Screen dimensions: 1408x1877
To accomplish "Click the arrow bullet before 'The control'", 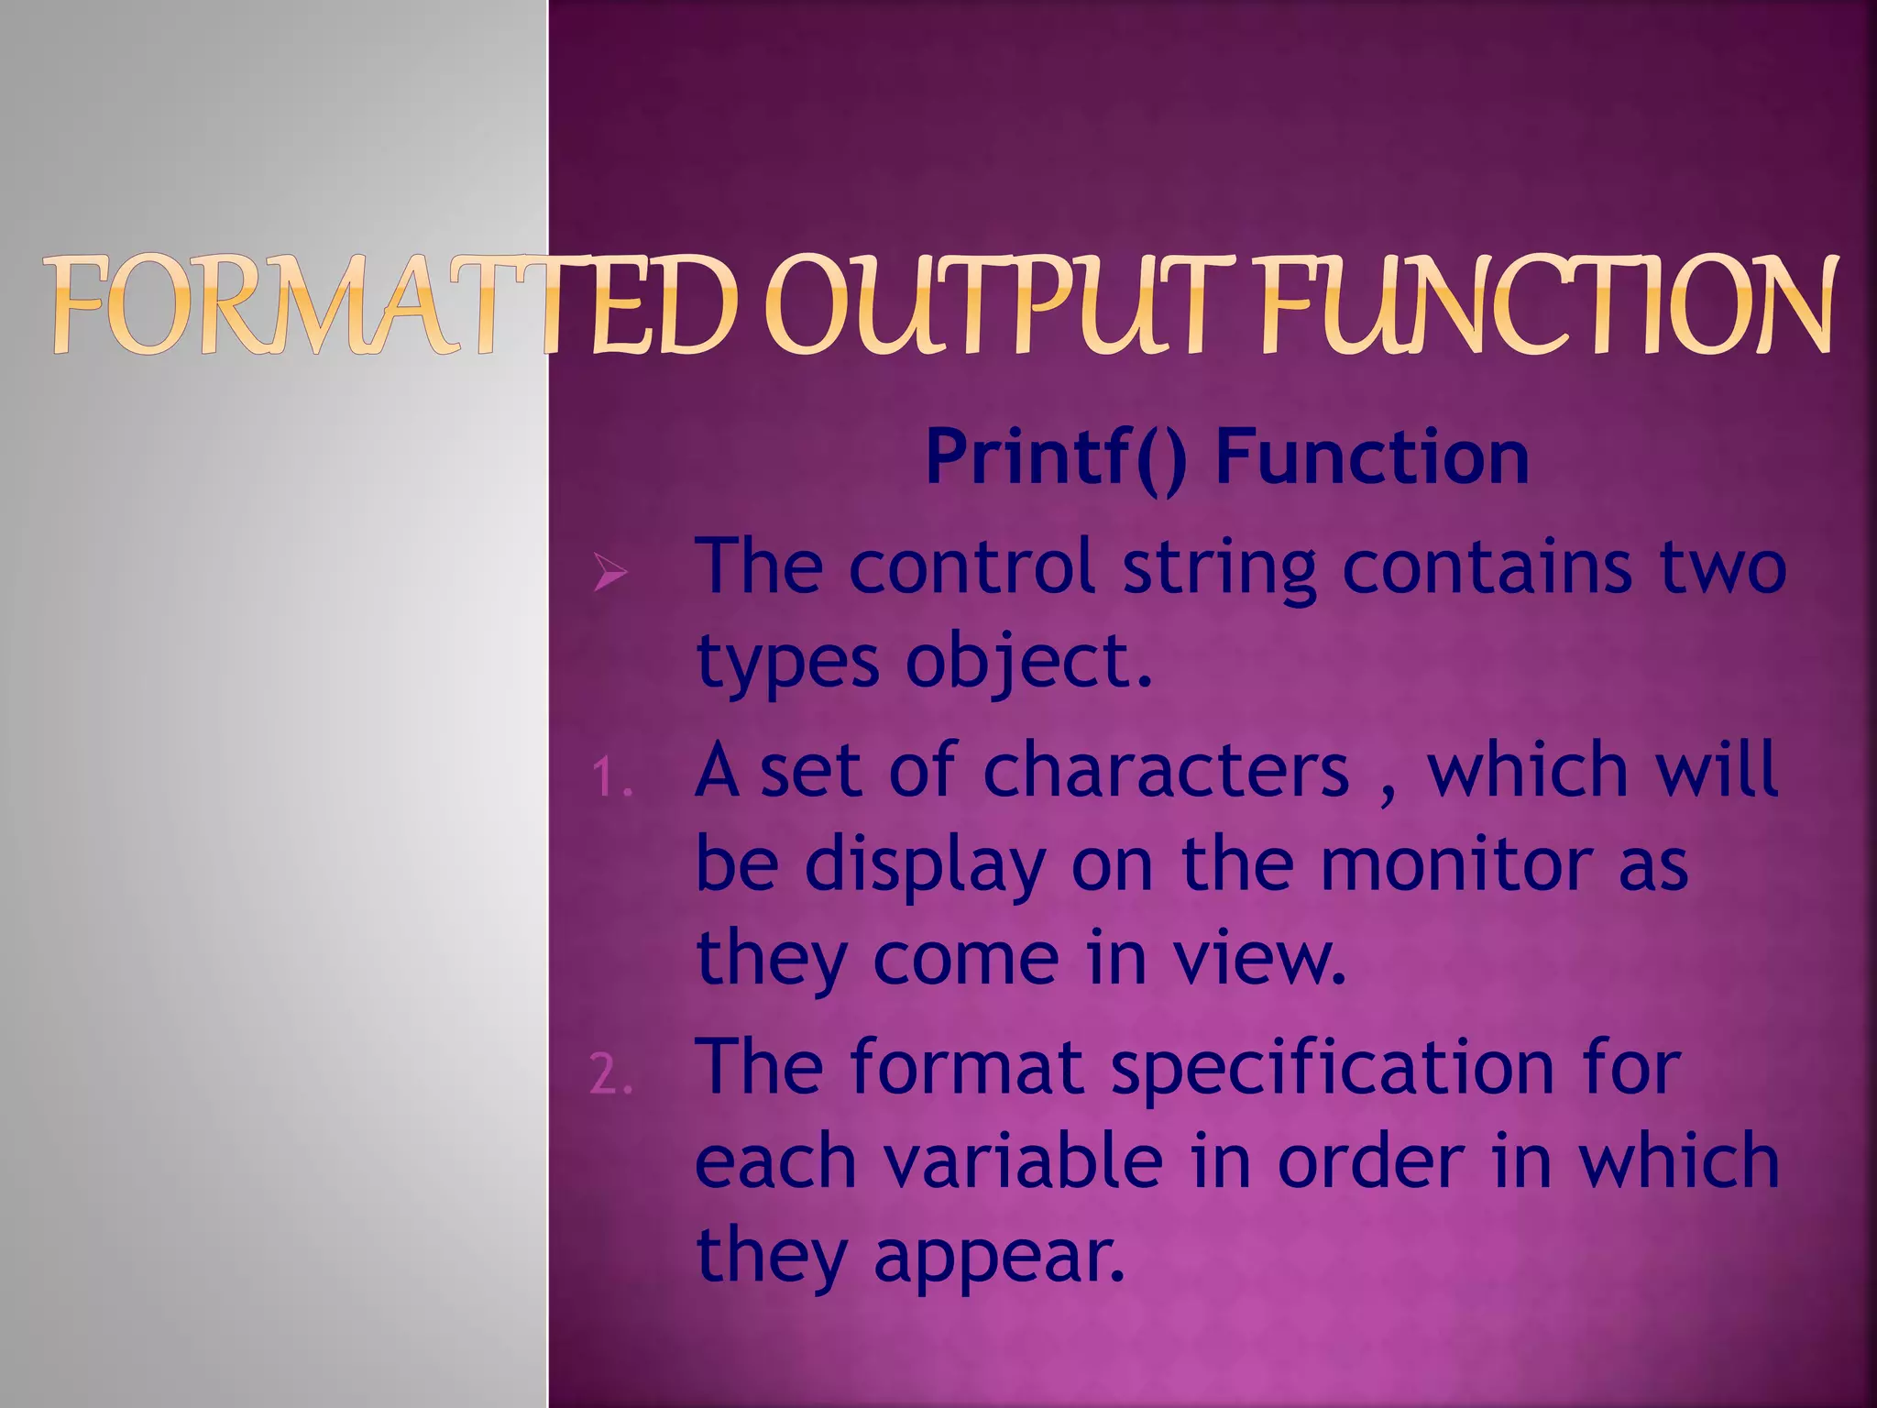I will [610, 573].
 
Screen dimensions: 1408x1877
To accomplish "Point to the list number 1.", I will [611, 780].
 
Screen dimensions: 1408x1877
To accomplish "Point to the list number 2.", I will [611, 1075].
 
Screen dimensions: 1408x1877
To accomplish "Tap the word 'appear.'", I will [999, 1258].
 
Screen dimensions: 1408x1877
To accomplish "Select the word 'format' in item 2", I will [967, 1067].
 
